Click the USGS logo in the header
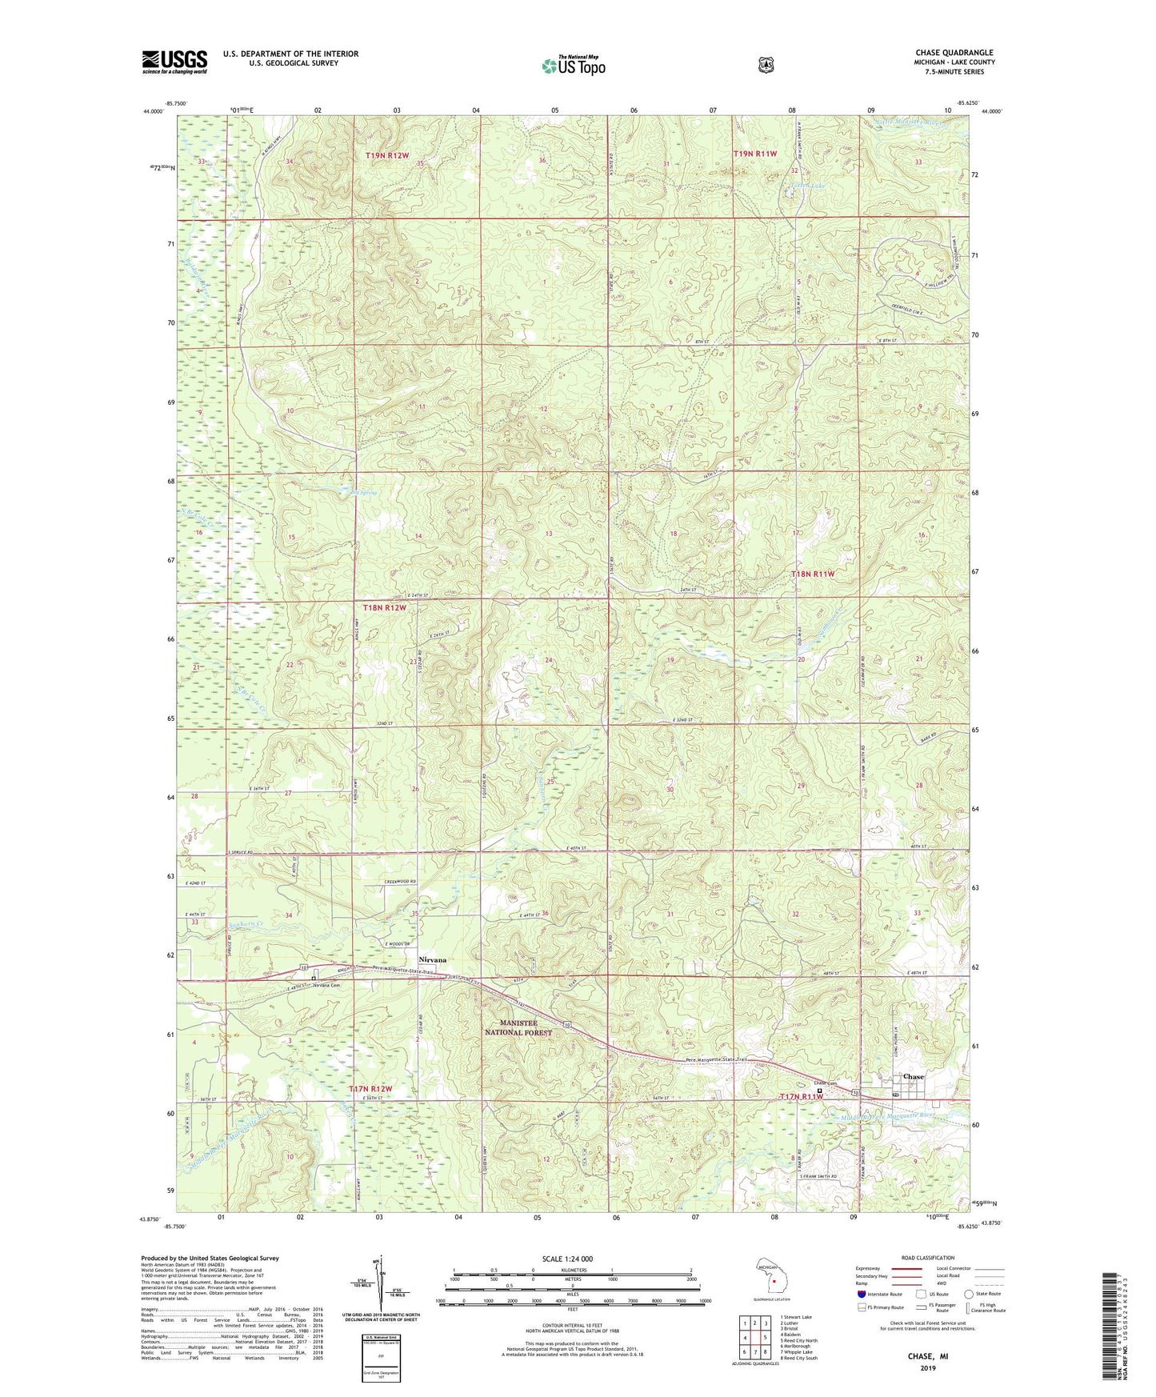[174, 62]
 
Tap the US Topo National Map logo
[572, 66]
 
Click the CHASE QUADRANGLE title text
[954, 53]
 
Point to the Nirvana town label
[432, 959]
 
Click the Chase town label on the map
[913, 1076]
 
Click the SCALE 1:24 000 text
[567, 1259]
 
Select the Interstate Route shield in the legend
[861, 1294]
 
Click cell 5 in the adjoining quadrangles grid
[766, 1337]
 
